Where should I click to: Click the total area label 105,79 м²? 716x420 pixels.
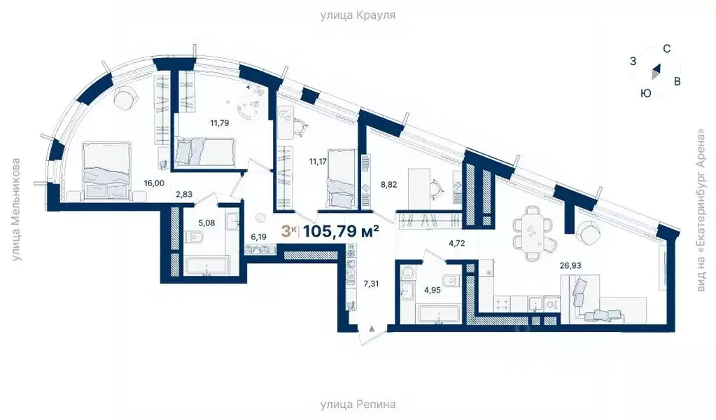point(339,231)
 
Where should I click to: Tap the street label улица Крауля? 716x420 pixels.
point(358,14)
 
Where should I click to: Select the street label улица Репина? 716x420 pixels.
point(358,405)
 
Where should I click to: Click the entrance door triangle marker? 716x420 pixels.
point(372,327)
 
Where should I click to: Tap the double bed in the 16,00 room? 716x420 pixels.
point(105,171)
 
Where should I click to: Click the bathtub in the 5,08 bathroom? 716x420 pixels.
point(206,266)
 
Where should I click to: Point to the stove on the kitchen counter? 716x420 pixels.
point(502,302)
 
